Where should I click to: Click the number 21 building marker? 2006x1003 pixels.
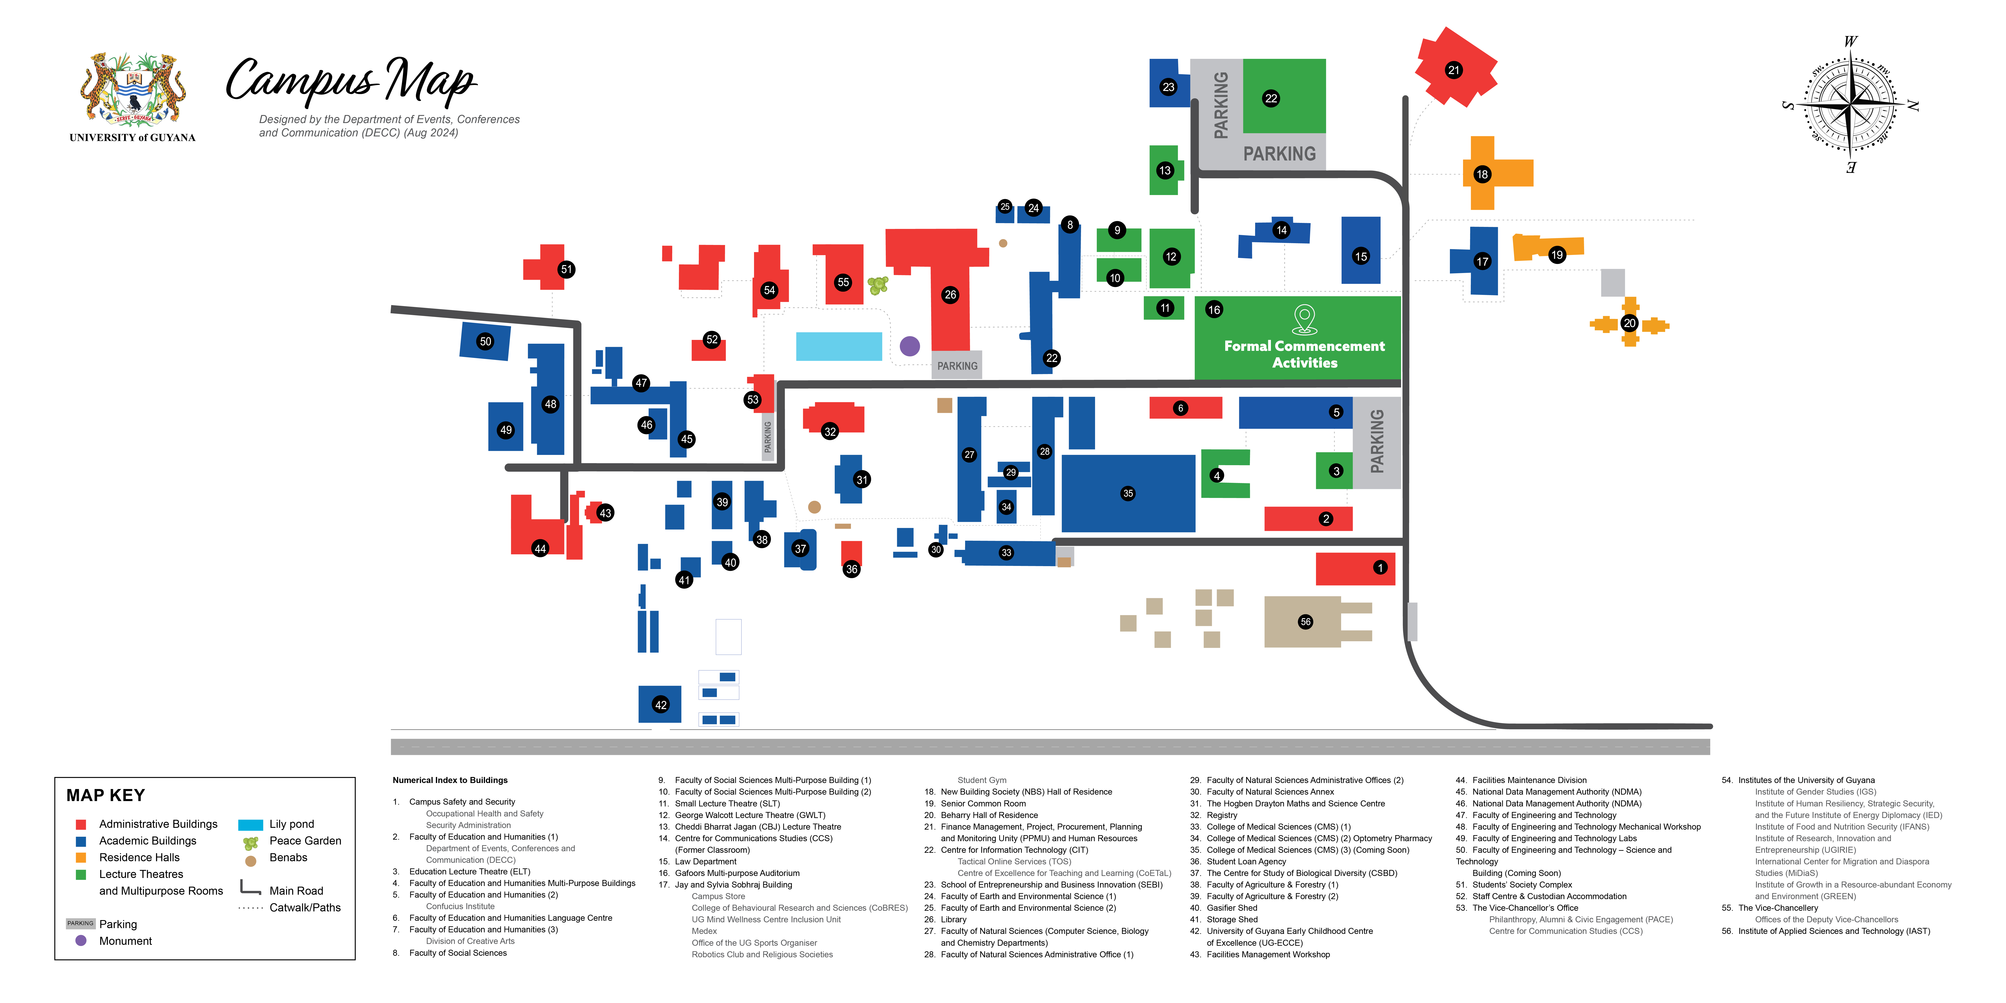click(x=1453, y=70)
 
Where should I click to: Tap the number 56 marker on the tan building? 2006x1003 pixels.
click(x=1305, y=621)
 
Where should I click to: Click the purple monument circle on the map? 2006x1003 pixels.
click(x=910, y=346)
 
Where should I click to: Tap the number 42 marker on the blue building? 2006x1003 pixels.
click(x=660, y=705)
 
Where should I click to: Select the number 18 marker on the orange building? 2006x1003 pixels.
click(x=1482, y=175)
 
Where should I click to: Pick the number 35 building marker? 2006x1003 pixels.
click(x=1128, y=493)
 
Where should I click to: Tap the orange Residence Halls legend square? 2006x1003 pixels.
click(x=80, y=857)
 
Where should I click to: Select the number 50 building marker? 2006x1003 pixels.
click(x=485, y=341)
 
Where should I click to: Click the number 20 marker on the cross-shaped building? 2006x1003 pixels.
click(x=1629, y=323)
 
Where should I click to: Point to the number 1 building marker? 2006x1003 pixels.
click(x=1380, y=568)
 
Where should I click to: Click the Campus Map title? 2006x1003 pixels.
click(x=350, y=82)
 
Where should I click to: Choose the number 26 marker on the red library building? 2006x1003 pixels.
click(x=950, y=294)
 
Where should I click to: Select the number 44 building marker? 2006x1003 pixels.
click(x=540, y=548)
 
